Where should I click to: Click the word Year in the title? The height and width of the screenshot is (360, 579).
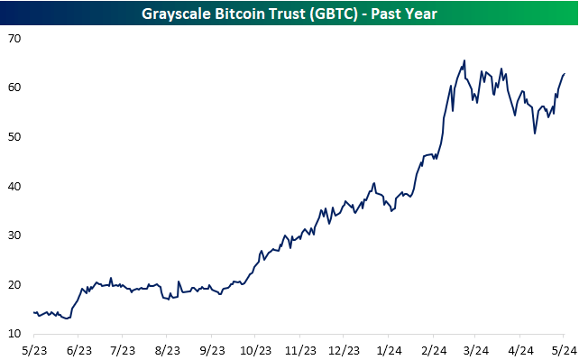click(424, 13)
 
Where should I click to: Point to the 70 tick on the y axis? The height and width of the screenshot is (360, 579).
click(17, 39)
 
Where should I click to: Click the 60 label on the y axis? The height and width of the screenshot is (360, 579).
click(17, 88)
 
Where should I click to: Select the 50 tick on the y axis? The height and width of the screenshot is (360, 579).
click(17, 137)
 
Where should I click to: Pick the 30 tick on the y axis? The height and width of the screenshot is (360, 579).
click(17, 235)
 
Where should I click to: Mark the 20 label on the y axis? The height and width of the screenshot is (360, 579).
click(17, 285)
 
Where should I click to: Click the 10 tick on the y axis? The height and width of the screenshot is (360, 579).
click(17, 335)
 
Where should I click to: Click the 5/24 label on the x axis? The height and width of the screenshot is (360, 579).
click(563, 349)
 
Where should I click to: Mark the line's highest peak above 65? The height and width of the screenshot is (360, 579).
click(464, 61)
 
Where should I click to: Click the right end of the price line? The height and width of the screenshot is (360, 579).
click(565, 74)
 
